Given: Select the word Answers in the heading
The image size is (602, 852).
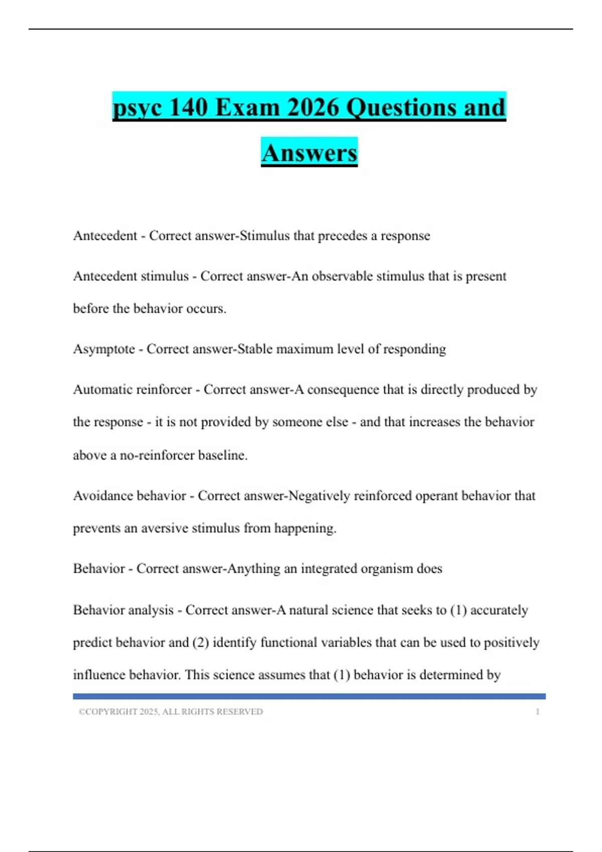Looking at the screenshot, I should [x=309, y=152].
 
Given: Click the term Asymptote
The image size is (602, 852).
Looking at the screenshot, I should [x=104, y=349].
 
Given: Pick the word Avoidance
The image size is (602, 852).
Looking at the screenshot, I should [x=103, y=496].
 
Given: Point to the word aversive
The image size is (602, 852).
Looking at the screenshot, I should [x=165, y=528].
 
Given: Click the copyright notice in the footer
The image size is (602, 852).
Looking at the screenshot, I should [x=171, y=712].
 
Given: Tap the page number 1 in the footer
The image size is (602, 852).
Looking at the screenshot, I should [x=537, y=712].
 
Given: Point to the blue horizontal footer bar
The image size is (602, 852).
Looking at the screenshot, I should [x=309, y=696].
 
